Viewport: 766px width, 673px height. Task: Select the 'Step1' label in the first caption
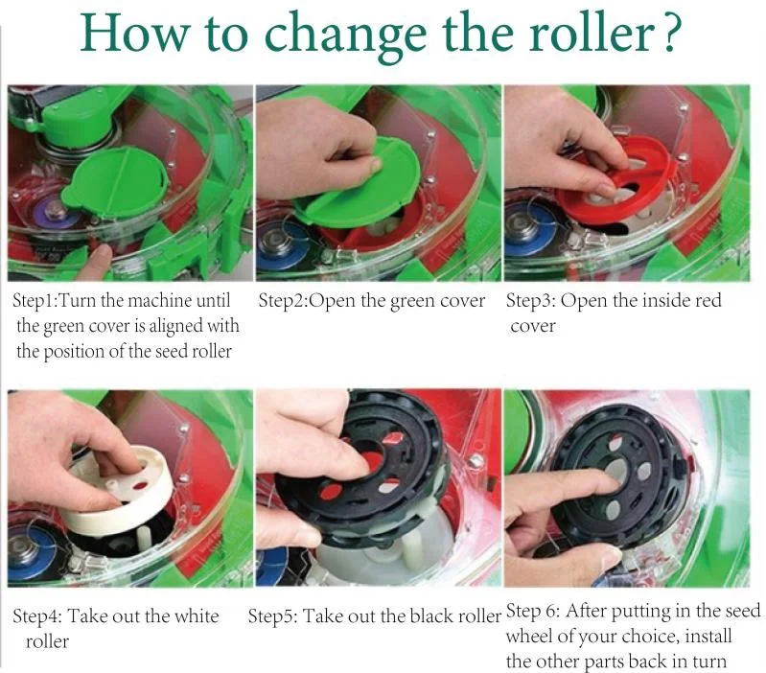click(35, 300)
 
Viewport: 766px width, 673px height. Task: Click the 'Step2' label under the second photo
click(283, 300)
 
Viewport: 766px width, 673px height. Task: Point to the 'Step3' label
click(529, 300)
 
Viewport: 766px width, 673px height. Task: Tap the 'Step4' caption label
click(36, 615)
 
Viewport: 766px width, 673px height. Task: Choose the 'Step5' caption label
click(271, 615)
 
